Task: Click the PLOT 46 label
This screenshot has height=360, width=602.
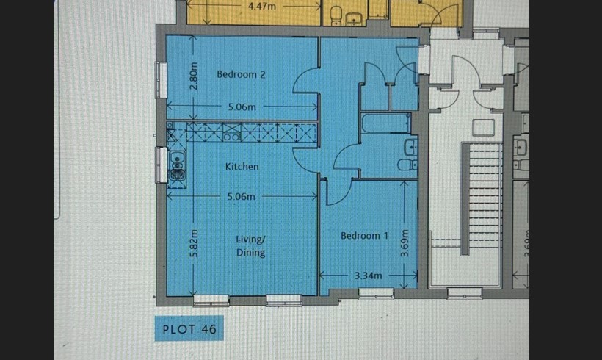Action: click(189, 329)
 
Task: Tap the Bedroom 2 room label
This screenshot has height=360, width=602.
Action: click(241, 74)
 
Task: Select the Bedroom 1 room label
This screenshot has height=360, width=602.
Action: click(364, 236)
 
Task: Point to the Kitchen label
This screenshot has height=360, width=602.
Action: click(242, 167)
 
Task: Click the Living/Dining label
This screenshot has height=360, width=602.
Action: click(250, 246)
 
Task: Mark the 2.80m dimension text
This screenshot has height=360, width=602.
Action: click(195, 76)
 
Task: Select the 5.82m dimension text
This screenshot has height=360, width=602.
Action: click(195, 244)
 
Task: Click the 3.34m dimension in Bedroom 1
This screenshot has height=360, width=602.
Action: click(368, 276)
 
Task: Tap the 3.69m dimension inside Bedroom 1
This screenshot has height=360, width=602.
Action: click(405, 243)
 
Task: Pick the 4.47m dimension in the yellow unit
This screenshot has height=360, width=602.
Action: click(262, 6)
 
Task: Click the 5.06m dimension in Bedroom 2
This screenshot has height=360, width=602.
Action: click(242, 107)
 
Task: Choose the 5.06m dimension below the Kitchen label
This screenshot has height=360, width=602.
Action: click(241, 197)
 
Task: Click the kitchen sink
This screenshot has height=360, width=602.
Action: click(177, 166)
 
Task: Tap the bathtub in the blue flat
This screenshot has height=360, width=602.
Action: click(386, 123)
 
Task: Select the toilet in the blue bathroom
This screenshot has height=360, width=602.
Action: click(407, 165)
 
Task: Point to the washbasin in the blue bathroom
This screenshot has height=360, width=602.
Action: click(411, 147)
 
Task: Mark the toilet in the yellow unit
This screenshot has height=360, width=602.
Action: click(336, 15)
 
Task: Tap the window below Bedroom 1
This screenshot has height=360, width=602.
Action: click(376, 294)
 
